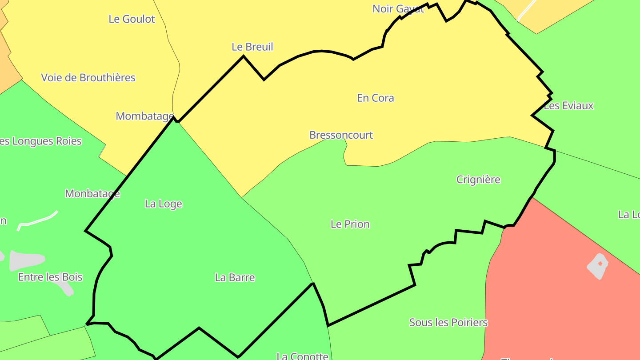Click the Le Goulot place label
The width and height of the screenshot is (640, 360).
(x=132, y=19)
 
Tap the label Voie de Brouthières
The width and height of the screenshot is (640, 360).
(x=88, y=77)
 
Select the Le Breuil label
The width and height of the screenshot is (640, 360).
(x=252, y=47)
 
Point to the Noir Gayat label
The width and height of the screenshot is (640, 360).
(x=398, y=8)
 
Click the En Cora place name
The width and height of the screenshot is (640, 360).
(x=376, y=98)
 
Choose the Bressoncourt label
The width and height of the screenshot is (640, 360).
(x=341, y=135)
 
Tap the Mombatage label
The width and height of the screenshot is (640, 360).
(x=144, y=116)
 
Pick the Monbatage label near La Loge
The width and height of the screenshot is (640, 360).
(x=92, y=193)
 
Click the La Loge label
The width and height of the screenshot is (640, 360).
(x=164, y=204)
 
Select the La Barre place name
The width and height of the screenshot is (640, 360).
(x=235, y=277)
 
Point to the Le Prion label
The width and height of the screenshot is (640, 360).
(x=350, y=224)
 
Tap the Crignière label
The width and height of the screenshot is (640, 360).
(x=478, y=180)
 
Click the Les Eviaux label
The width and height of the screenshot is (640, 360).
(x=568, y=106)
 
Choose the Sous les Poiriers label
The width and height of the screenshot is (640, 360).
(x=448, y=322)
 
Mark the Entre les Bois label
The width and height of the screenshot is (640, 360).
(x=50, y=277)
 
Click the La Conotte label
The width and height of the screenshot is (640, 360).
(x=302, y=356)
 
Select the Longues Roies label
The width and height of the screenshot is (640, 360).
(x=42, y=141)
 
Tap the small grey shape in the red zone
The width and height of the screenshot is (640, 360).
(x=598, y=266)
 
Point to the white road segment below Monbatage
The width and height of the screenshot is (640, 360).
(x=38, y=220)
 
